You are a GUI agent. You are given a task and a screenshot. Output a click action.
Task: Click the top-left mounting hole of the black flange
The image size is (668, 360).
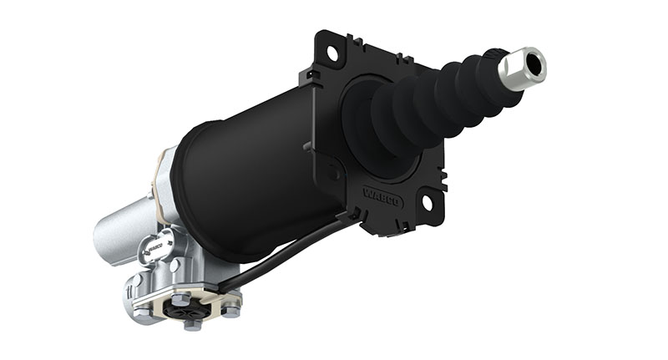pos(332,52)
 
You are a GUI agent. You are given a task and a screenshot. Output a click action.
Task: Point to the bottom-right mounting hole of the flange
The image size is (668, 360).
pos(428,202)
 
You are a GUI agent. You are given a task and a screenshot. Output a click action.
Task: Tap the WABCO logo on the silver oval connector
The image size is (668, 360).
pos(154,248)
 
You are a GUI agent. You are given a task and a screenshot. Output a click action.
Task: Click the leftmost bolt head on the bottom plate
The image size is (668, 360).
pos(136,312)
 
